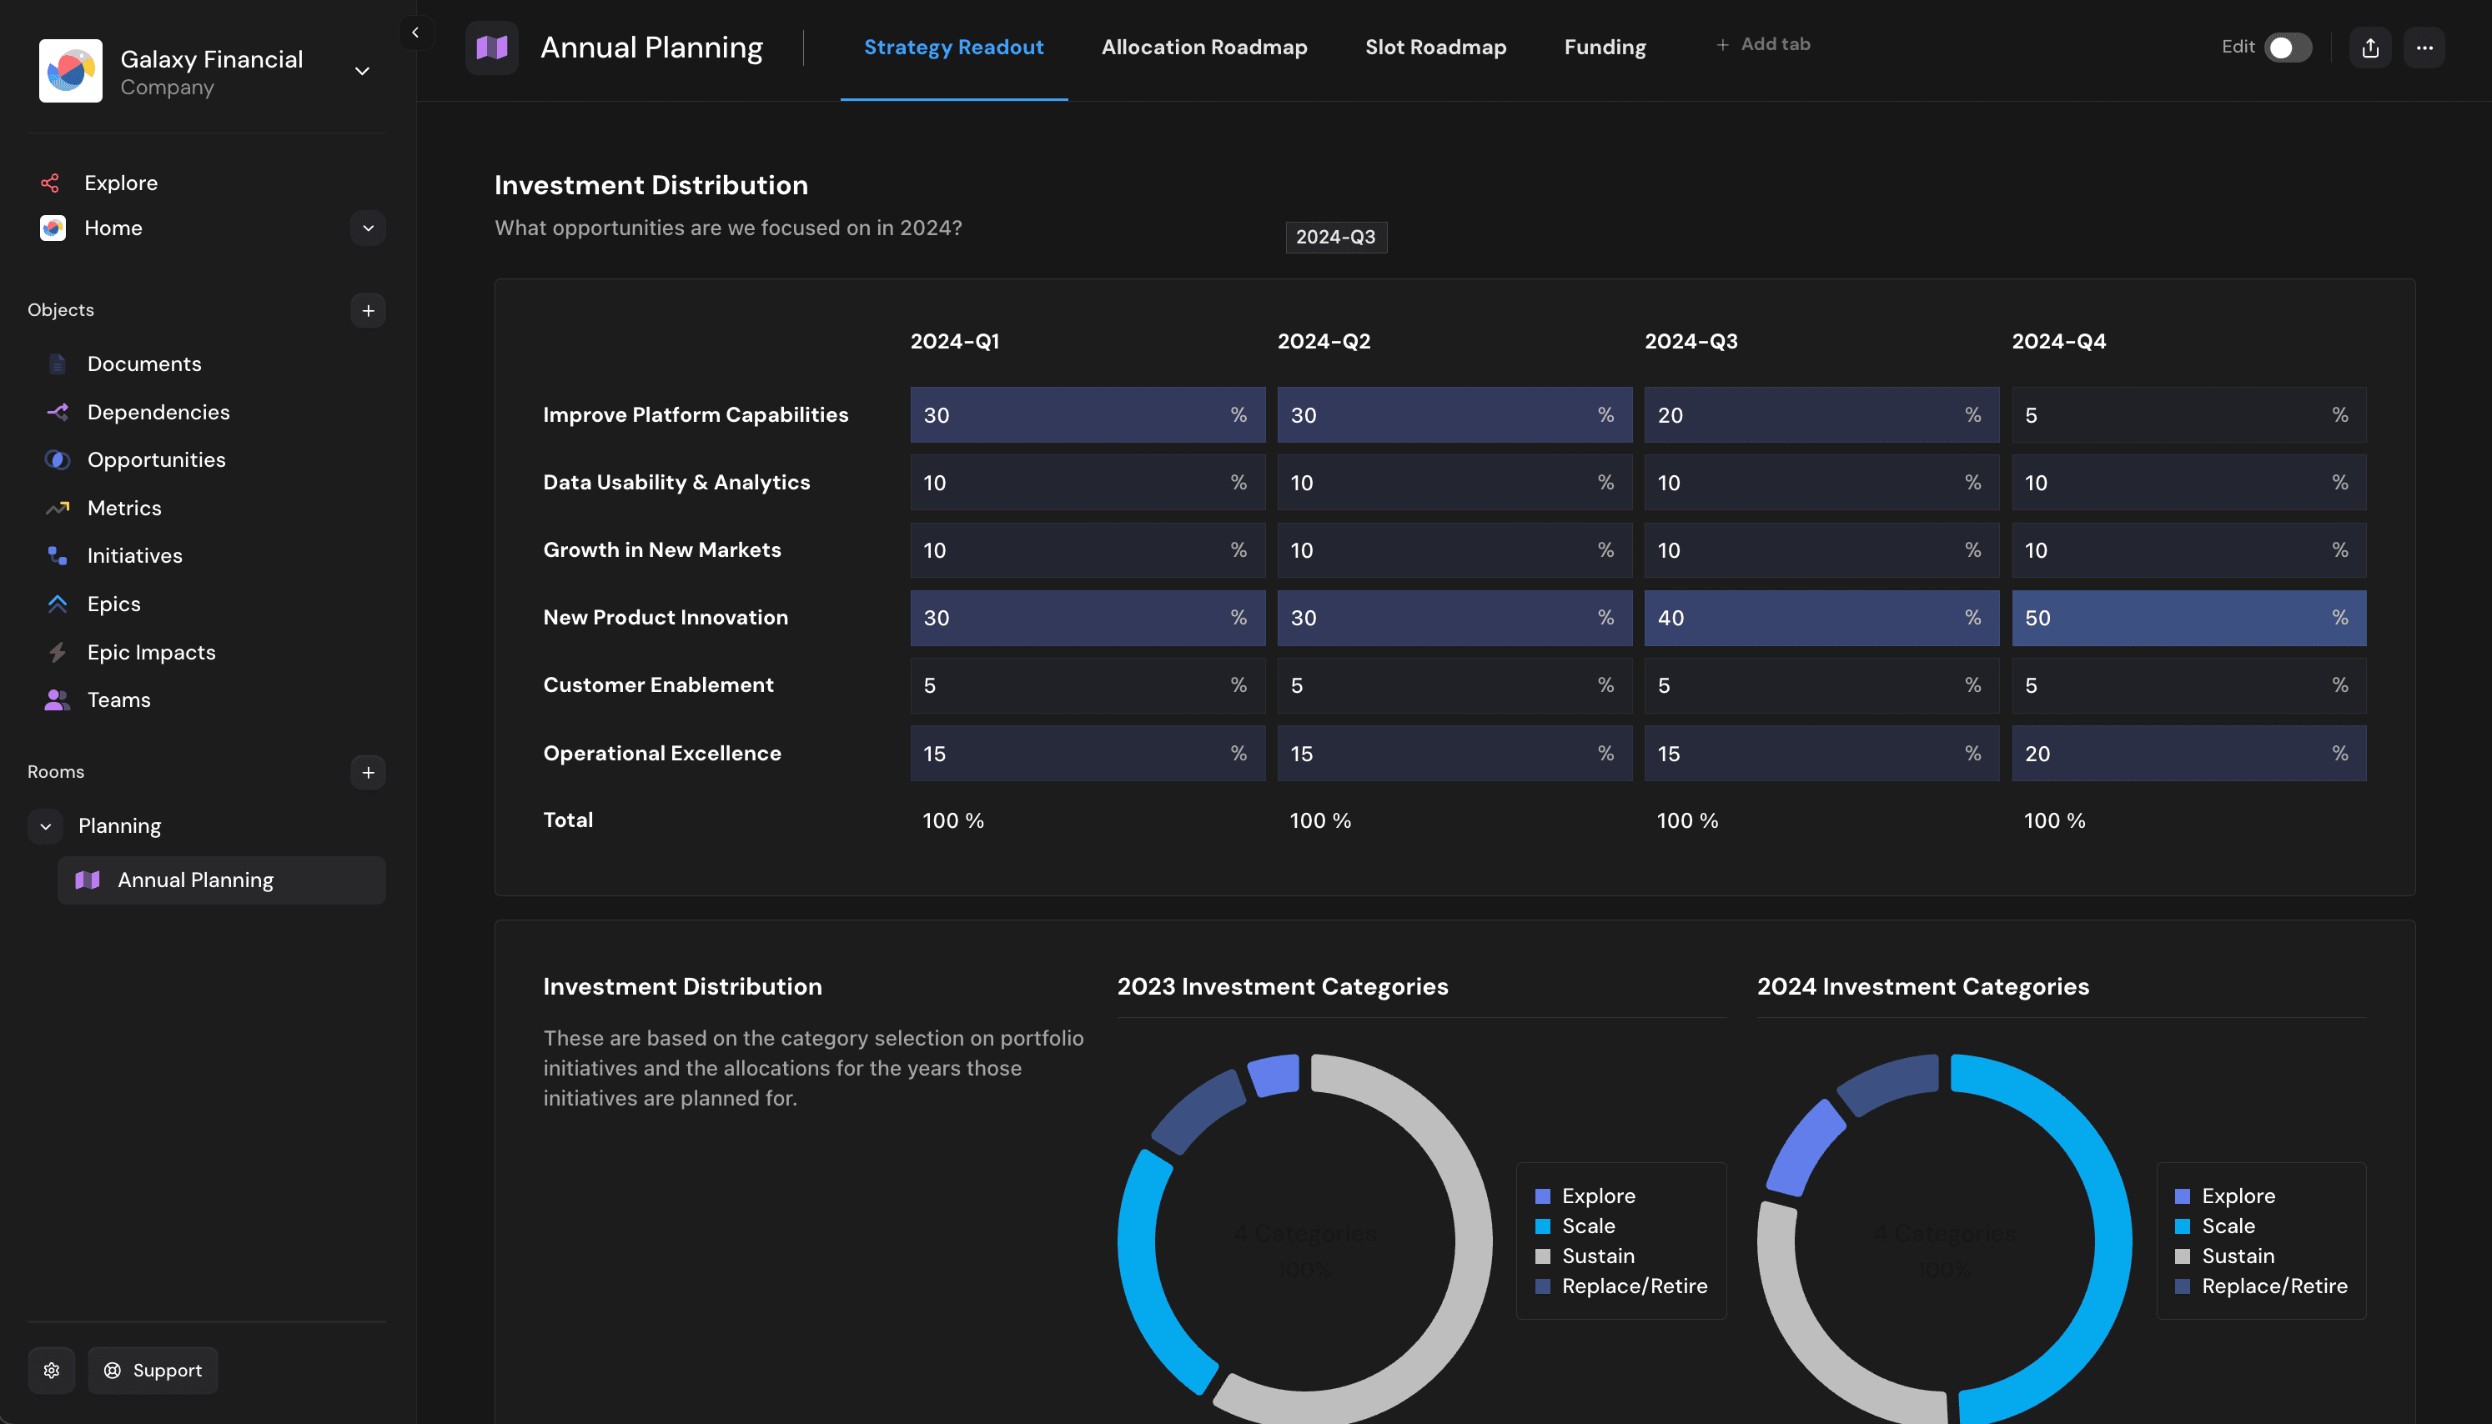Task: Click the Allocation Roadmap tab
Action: point(1204,47)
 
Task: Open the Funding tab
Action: point(1604,47)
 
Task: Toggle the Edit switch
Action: point(2288,47)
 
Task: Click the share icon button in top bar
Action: point(2369,47)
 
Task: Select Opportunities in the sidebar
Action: point(155,459)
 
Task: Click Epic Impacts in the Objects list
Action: point(151,652)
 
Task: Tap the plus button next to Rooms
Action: point(368,773)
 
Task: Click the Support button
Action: point(153,1370)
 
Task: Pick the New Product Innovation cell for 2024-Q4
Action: point(2188,618)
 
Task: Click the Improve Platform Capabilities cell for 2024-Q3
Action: point(1820,414)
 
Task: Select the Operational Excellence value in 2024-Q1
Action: point(1087,753)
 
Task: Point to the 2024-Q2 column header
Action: point(1324,341)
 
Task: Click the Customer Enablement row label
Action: point(658,684)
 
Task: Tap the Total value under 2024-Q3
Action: point(1687,820)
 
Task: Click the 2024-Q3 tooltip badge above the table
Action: point(1335,237)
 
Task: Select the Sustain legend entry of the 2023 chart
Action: point(1597,1256)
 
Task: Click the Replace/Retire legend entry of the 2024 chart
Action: point(2273,1286)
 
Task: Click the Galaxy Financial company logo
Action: point(70,70)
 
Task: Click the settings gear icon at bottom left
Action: point(52,1370)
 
